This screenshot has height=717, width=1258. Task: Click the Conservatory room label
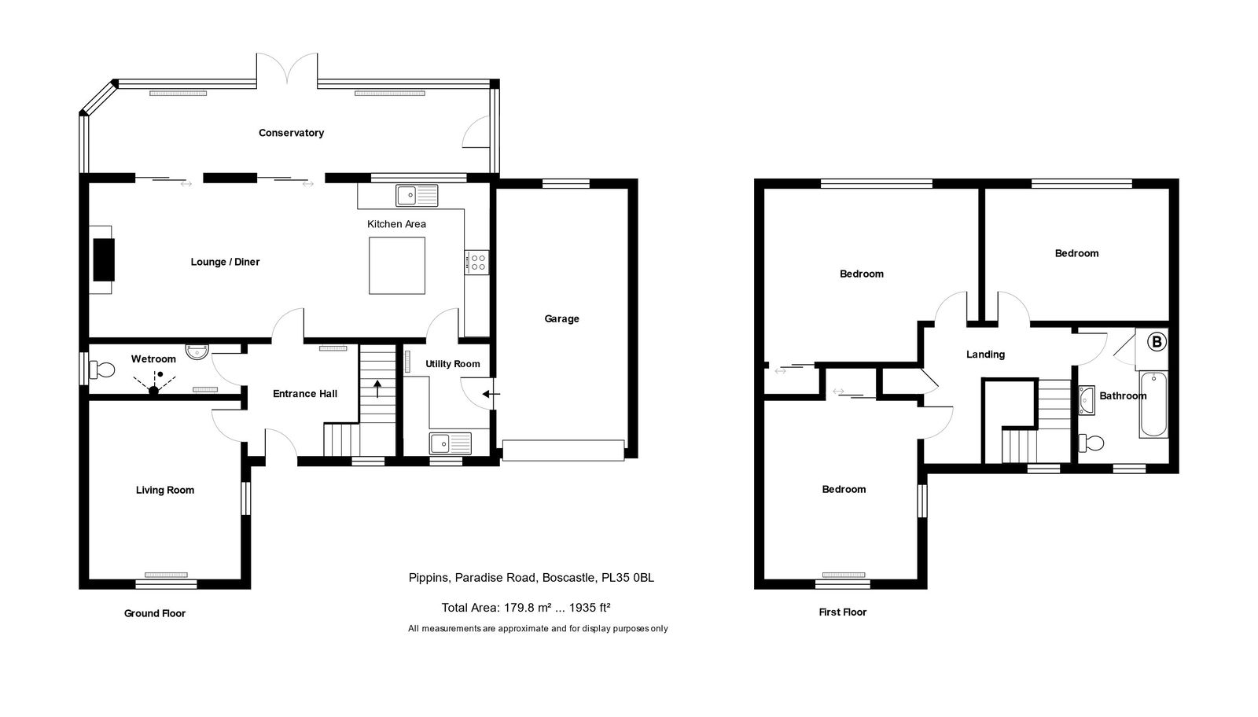click(291, 133)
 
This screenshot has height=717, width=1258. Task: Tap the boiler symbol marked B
click(1157, 341)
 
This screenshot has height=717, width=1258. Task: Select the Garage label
click(561, 319)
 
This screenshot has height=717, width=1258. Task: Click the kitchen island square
click(397, 266)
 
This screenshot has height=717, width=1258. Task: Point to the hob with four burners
click(476, 263)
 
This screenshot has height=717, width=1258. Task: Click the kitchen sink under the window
click(417, 196)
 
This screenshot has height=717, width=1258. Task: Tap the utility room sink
click(451, 443)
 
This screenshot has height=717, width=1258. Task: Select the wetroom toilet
click(102, 370)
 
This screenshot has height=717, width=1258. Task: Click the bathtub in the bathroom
click(1153, 404)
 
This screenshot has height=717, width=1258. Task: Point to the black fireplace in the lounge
click(104, 259)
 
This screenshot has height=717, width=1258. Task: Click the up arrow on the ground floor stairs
click(377, 388)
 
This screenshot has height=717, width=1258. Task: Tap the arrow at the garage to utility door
click(491, 394)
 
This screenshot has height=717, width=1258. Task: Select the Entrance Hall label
click(305, 394)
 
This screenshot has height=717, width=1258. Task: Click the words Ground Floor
click(155, 614)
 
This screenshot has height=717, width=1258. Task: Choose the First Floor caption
click(842, 612)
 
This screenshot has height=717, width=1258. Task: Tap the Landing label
click(986, 355)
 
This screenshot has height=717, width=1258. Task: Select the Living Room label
click(165, 490)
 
